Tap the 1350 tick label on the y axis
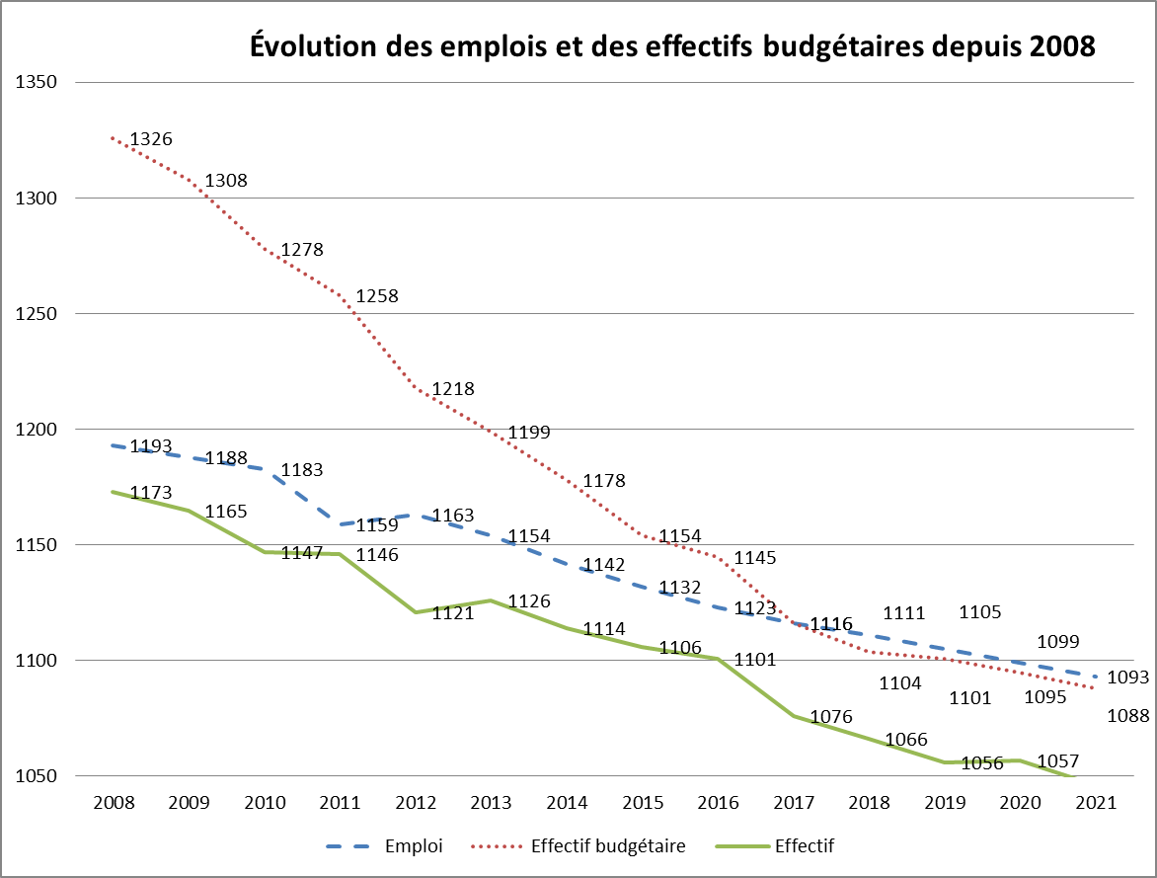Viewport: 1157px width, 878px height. (x=36, y=83)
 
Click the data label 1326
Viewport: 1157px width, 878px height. (x=151, y=139)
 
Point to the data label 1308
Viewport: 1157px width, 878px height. (x=226, y=181)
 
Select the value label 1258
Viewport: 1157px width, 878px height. (x=377, y=295)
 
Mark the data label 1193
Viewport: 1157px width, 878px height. (x=151, y=446)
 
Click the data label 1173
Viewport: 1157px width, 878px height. (x=151, y=492)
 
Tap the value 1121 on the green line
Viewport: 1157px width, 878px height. (x=453, y=612)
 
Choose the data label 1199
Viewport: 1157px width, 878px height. (x=529, y=433)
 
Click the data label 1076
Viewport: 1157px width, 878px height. (x=830, y=716)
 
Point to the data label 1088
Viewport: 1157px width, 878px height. (x=1128, y=716)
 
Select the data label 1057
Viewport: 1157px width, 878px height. (x=1057, y=761)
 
